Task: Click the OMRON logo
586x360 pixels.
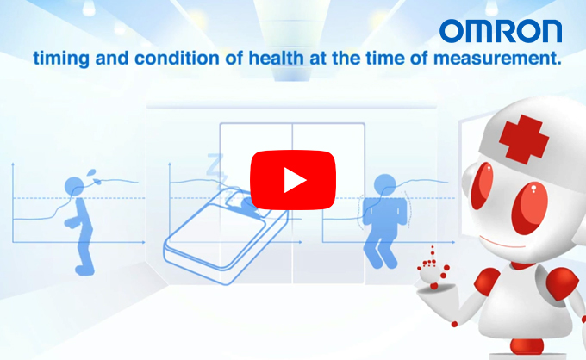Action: point(501,31)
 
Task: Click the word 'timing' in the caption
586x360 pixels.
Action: point(61,59)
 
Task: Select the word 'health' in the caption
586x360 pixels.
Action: point(276,59)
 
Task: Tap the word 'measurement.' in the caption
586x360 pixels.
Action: point(497,59)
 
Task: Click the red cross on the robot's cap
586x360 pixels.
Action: point(524,139)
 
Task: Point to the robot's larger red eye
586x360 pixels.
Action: point(530,208)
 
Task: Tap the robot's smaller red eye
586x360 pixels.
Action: point(482,185)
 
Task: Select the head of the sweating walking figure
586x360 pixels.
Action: point(74,186)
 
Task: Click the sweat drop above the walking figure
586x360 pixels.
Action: point(91,173)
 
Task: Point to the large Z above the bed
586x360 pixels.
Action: point(215,164)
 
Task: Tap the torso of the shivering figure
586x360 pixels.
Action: point(385,212)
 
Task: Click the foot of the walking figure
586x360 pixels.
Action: point(84,270)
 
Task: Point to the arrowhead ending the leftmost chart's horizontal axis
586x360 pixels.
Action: point(143,242)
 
